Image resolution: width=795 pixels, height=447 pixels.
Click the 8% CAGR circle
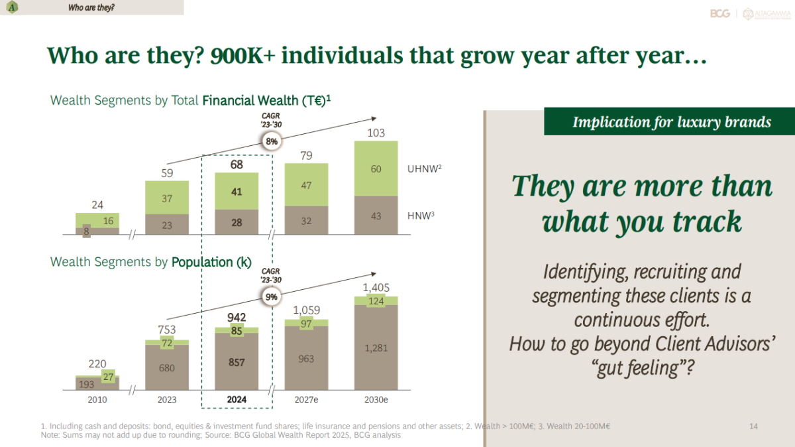point(272,141)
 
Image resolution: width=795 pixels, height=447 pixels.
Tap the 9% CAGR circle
point(272,296)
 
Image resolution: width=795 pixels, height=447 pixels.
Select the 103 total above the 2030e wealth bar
point(376,133)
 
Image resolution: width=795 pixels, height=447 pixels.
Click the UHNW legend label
point(424,168)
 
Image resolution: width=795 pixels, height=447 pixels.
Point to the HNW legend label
point(421,216)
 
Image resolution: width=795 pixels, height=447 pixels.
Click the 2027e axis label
point(306,400)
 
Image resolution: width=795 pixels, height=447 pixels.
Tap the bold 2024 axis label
point(237,400)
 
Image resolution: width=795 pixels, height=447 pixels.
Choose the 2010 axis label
point(97,400)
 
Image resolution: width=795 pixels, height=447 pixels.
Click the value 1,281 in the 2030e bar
point(376,348)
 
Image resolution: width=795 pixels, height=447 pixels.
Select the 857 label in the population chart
point(237,362)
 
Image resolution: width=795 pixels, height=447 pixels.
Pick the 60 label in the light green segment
point(376,168)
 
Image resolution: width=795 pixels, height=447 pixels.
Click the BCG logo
point(720,13)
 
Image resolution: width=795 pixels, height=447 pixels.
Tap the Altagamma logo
point(767,14)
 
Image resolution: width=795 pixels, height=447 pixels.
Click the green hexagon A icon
point(12,7)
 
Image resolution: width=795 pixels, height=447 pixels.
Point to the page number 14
point(753,426)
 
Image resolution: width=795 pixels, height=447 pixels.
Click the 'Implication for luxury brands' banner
point(669,121)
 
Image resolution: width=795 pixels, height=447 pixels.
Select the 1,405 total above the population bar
point(376,287)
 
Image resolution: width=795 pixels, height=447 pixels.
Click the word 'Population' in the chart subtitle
point(202,262)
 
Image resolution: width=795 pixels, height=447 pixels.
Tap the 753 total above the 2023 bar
point(167,330)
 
